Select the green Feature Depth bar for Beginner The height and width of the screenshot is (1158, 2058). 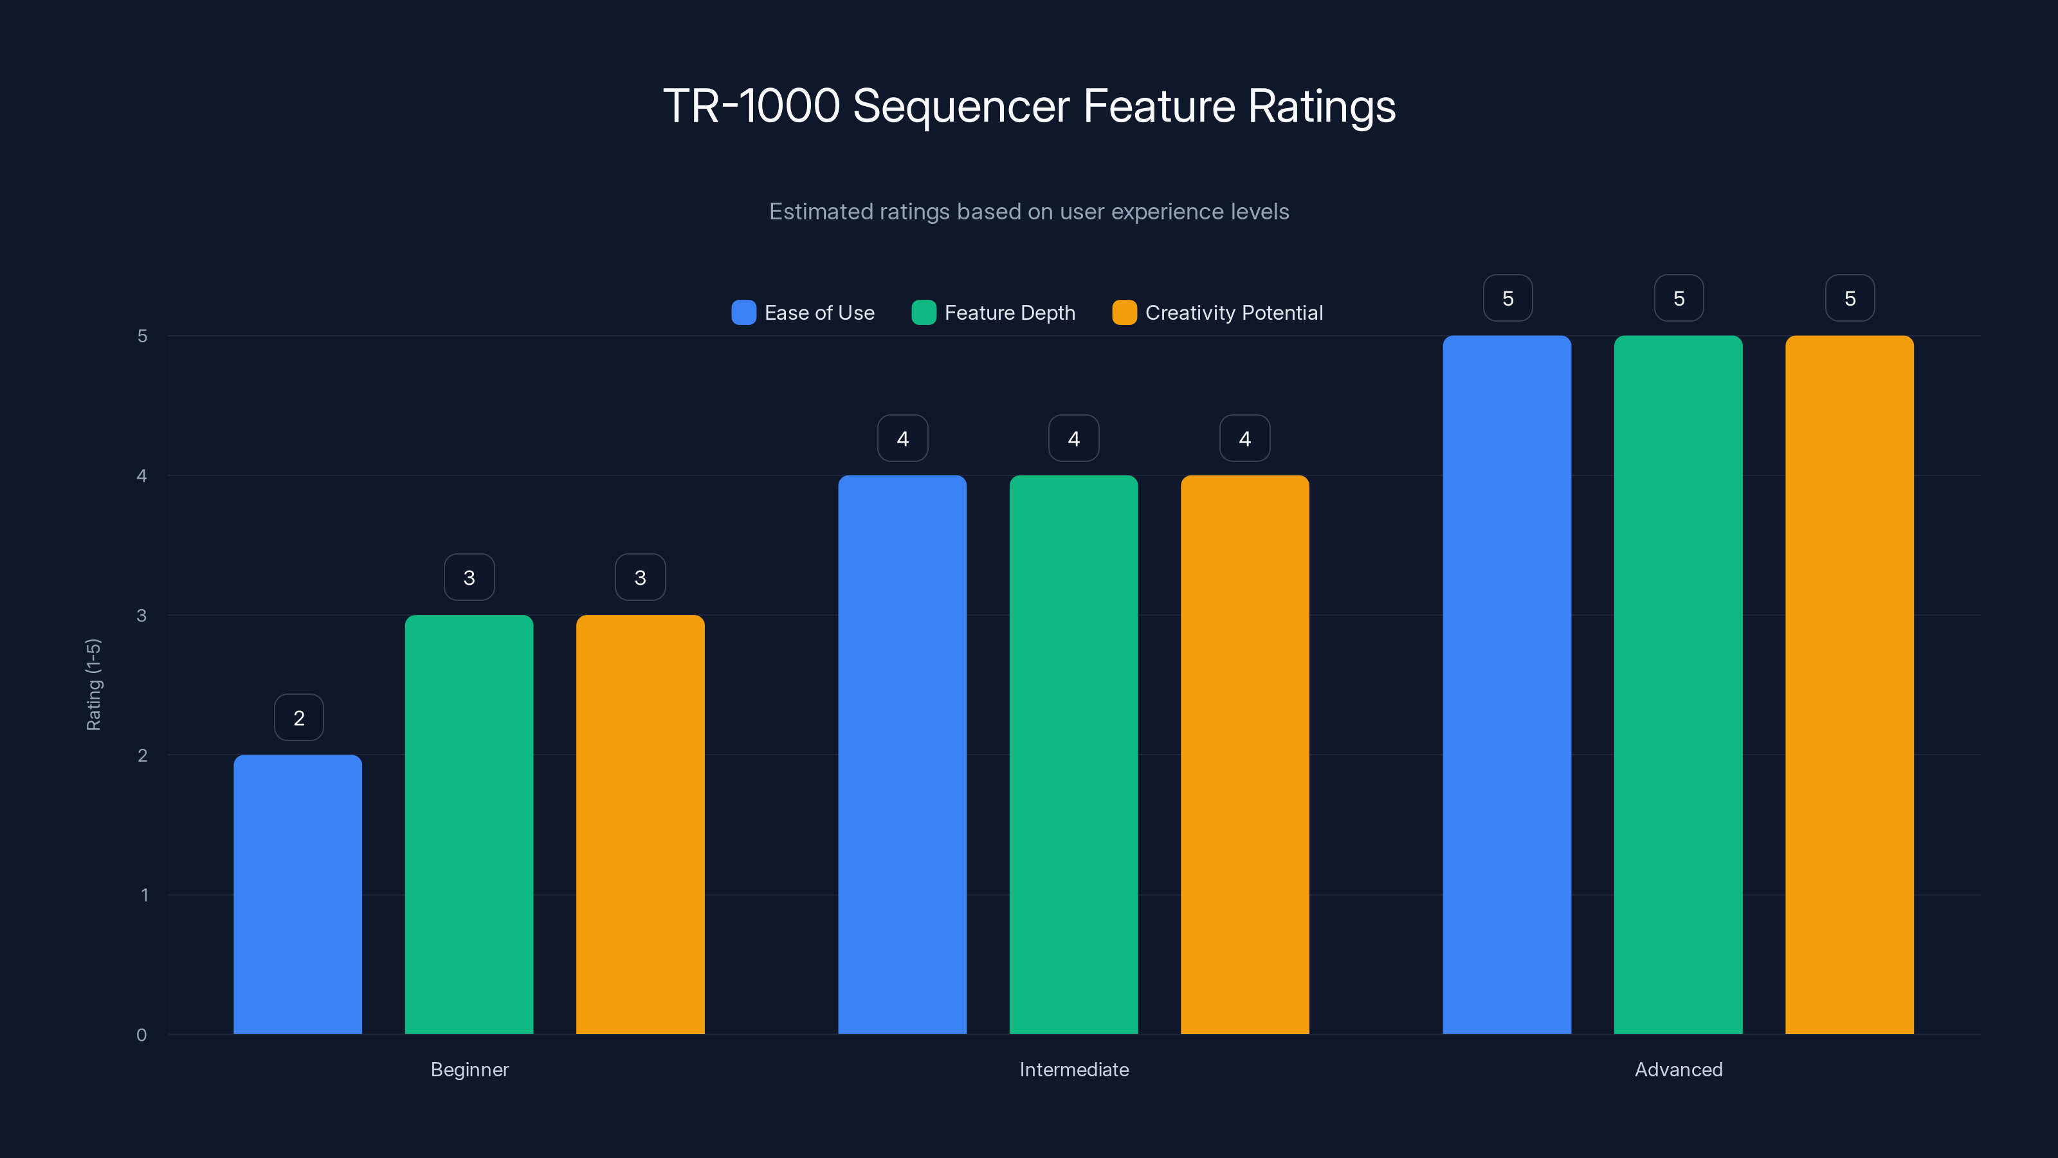469,824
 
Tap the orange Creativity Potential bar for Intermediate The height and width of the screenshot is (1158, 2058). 1244,755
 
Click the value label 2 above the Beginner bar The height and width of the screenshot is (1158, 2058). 299,718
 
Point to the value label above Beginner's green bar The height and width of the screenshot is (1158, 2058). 469,578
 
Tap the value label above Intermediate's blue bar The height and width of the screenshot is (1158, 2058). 903,439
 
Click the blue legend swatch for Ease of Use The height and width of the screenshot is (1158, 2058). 743,313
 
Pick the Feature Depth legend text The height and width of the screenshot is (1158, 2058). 1009,313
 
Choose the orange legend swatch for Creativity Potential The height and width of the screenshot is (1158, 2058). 1124,313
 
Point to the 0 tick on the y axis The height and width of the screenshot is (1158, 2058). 141,1035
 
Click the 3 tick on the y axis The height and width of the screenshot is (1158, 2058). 141,616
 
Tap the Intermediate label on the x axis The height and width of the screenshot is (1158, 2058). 1074,1069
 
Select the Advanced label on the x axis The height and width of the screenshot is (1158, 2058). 1679,1069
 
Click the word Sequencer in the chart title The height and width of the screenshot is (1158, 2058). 961,106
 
